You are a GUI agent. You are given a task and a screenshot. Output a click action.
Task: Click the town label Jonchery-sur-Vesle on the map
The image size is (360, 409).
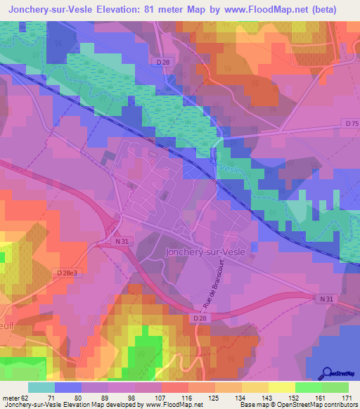pyautogui.click(x=205, y=252)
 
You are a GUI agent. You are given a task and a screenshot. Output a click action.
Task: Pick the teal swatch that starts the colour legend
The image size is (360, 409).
pyautogui.click(x=41, y=387)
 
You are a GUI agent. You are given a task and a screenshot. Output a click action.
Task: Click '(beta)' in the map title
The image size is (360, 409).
pyautogui.click(x=319, y=9)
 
